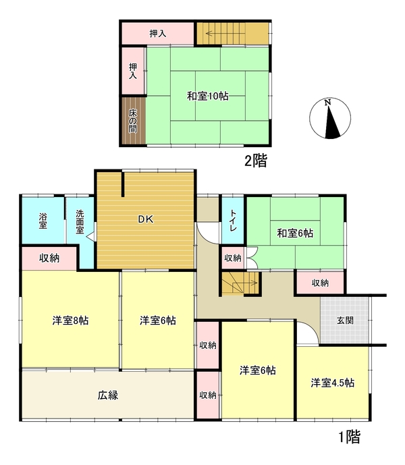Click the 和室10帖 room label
coord(208,96)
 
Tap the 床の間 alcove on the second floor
coord(133,121)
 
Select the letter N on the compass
coord(327,103)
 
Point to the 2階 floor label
coord(256,161)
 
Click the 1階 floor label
coord(350,436)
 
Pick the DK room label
coord(146,219)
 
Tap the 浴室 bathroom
coord(43,220)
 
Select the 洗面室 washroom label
coord(80,222)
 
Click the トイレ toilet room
coord(233,220)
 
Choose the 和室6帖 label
coord(295,234)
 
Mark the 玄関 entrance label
coord(345,321)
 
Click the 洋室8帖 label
coord(70,321)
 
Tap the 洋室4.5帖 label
coord(332,383)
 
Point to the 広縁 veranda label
coord(108,395)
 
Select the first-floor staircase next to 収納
coord(240,283)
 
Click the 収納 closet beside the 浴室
coord(49,258)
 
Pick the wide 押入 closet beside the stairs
coord(158,33)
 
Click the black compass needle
coord(331,123)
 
